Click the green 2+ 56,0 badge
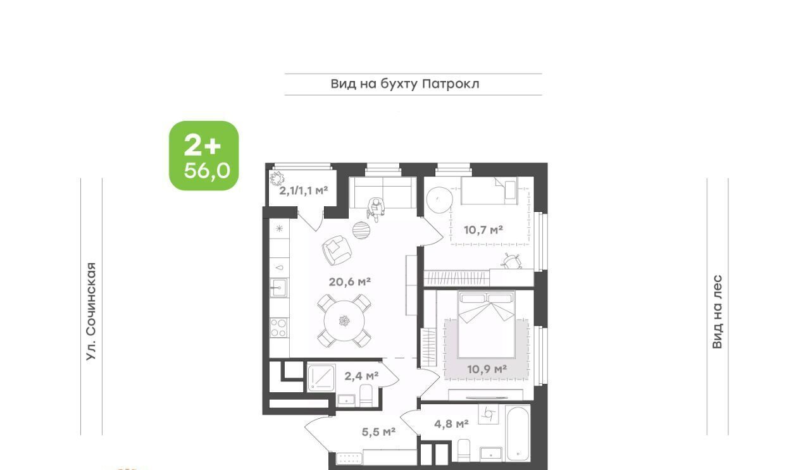coord(204,156)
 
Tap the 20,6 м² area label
coord(350,281)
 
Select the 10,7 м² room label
coord(483,230)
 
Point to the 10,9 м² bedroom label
coord(487,369)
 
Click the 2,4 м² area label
coord(361,376)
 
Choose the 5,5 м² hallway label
coord(378,431)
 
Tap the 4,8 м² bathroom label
coord(451,424)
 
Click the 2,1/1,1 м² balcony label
coord(303,190)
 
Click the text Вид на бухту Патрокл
coord(405,84)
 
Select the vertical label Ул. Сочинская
coord(91,311)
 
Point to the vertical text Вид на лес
coord(717,312)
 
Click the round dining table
coord(344,321)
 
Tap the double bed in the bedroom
coord(486,325)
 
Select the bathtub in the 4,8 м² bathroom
coord(518,433)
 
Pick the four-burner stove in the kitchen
coord(279,328)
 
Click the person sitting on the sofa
coord(375,209)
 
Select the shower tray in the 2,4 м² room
coord(321,378)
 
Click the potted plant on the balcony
coord(277,178)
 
